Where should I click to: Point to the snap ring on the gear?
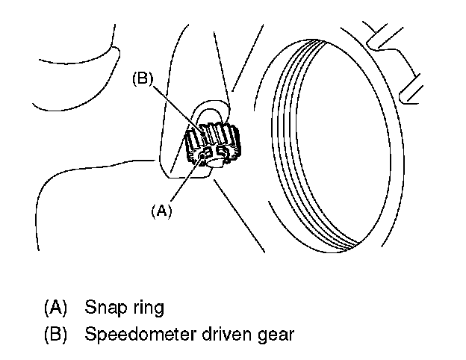[203, 158]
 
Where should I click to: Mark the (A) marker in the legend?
[57, 307]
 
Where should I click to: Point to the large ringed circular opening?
[329, 142]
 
